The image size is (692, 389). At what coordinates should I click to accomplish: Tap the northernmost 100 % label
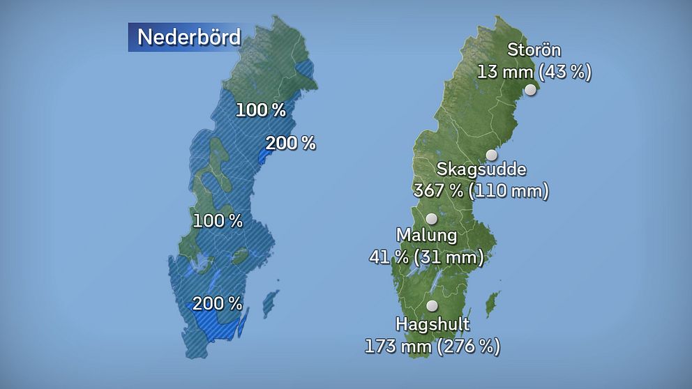tap(260, 109)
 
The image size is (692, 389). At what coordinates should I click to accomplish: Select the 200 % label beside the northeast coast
tap(290, 144)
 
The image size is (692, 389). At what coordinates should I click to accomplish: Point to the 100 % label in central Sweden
tap(218, 221)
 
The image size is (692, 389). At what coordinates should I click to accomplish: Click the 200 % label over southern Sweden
tap(218, 303)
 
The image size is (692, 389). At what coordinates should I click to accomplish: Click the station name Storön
tap(534, 49)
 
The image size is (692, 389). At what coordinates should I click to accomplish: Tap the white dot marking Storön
tap(531, 90)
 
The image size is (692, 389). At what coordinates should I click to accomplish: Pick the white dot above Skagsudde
tap(492, 155)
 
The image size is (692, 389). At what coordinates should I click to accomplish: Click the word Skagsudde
tap(481, 169)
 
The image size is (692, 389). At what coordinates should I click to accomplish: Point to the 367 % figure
tap(439, 190)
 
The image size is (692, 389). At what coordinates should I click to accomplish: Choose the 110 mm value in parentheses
tap(508, 190)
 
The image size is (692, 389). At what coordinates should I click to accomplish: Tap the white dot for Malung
tap(432, 218)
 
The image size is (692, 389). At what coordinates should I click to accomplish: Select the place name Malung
tap(426, 235)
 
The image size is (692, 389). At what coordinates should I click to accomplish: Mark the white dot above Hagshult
tap(432, 305)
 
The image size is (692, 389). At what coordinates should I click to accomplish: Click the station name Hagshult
tap(433, 324)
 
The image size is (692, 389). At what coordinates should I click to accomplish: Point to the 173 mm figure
tap(394, 345)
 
